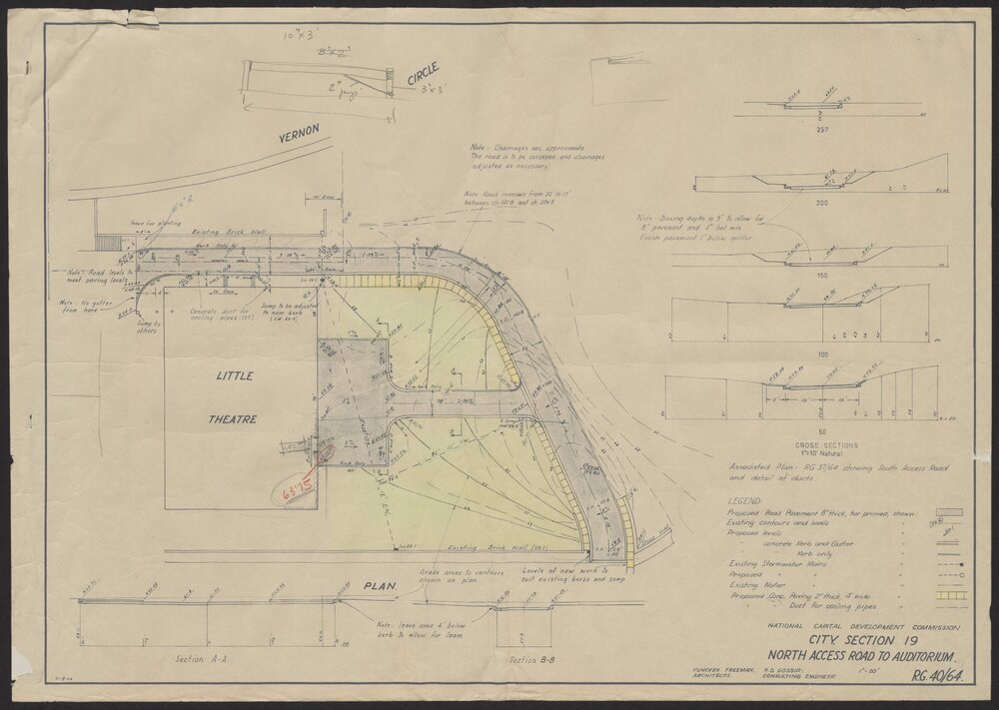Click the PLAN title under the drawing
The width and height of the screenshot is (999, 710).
[x=378, y=586]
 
